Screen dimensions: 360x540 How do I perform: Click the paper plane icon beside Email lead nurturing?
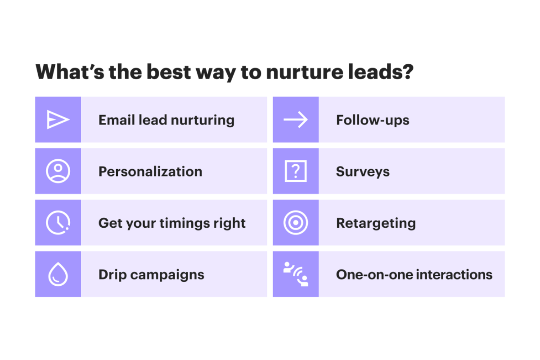[x=58, y=120]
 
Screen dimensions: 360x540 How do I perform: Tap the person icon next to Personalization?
[x=58, y=171]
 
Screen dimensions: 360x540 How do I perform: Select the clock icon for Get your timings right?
[x=58, y=223]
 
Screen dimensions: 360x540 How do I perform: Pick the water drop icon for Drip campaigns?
[x=58, y=274]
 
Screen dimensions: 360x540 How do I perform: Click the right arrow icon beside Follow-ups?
[x=296, y=120]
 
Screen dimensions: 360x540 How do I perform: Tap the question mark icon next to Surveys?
[x=296, y=171]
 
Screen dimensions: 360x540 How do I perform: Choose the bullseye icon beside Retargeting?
[x=296, y=223]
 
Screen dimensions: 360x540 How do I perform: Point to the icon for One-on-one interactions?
[x=296, y=274]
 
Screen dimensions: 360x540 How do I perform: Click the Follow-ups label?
[x=373, y=120]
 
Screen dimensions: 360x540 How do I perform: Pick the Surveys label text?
[x=363, y=172]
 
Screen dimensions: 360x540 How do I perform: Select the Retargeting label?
[x=376, y=223]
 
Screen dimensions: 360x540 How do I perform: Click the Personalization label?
[x=150, y=171]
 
